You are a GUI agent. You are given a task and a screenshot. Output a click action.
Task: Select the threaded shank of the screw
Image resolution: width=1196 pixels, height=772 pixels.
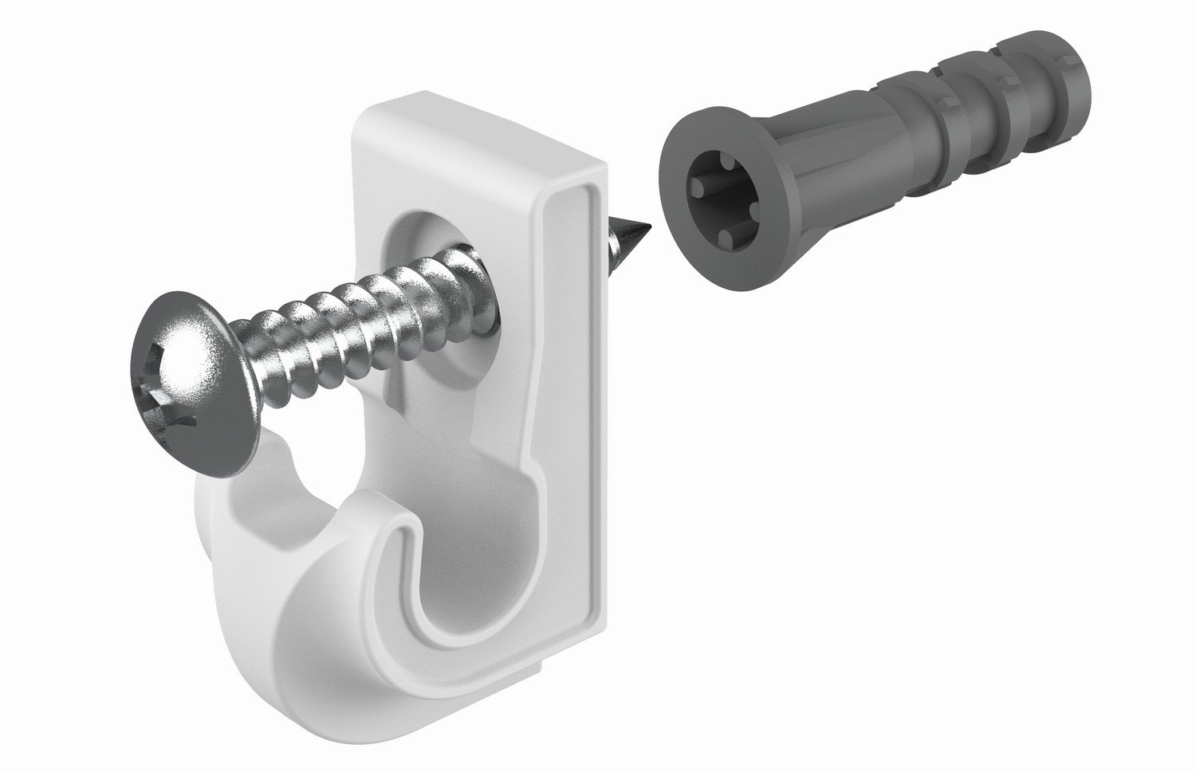(x=359, y=319)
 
